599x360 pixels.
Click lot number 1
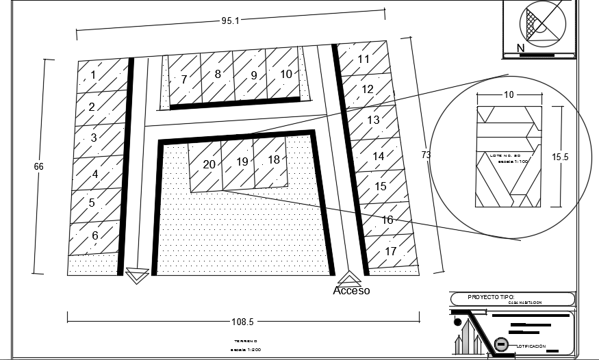pos(94,75)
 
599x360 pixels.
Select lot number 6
pos(95,235)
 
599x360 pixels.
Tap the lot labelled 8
pos(218,74)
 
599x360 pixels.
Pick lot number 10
pos(286,73)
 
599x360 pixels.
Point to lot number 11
pos(364,60)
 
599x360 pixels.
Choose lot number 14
pos(379,157)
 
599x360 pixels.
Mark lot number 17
pos(391,251)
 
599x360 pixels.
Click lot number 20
pos(209,164)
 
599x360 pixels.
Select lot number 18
pos(274,159)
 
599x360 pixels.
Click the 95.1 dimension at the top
pos(230,21)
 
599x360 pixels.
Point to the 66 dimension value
pos(38,166)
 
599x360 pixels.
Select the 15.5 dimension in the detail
pos(560,157)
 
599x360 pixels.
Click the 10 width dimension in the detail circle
pos(509,95)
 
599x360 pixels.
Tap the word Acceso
pos(351,290)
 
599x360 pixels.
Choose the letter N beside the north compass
pos(521,48)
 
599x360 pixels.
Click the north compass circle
pos(544,21)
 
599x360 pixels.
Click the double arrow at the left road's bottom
pos(138,276)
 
